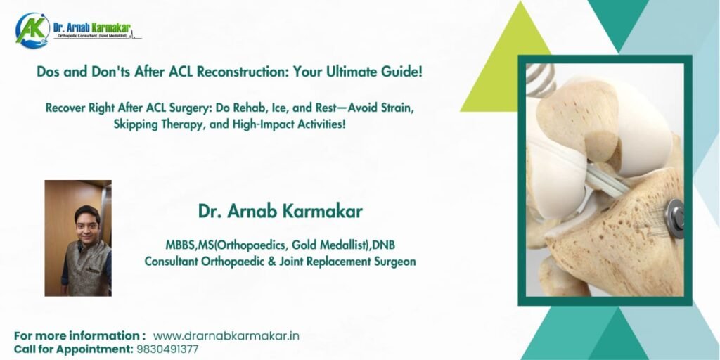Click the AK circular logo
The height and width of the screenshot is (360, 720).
click(32, 30)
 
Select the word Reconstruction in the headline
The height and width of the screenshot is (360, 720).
click(243, 72)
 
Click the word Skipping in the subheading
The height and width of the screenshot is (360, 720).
click(133, 124)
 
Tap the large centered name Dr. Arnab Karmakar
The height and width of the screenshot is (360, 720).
click(280, 211)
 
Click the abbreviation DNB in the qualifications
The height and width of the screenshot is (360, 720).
click(383, 245)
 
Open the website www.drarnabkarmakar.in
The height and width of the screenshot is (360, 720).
click(226, 335)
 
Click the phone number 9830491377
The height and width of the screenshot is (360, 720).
click(167, 349)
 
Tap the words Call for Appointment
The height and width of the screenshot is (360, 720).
click(73, 349)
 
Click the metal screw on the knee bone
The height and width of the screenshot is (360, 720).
click(674, 218)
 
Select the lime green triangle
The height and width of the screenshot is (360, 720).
click(506, 60)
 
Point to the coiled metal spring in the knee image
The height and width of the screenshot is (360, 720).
click(540, 78)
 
